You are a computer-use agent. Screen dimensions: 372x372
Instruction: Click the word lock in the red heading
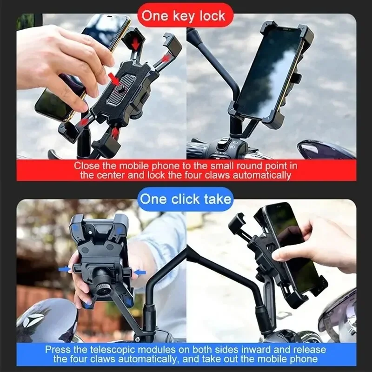(x=209, y=16)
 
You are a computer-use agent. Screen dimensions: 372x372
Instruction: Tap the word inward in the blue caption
(x=254, y=349)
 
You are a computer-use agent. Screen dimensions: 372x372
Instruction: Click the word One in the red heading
(x=154, y=16)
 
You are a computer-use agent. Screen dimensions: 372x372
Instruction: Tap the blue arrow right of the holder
(x=140, y=272)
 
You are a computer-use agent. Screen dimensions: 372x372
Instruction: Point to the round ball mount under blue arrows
(x=104, y=284)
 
